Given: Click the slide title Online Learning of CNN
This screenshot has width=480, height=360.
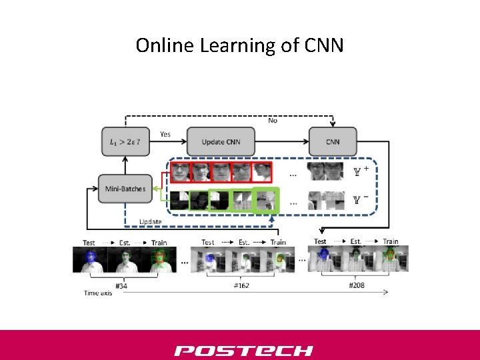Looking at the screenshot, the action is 239,45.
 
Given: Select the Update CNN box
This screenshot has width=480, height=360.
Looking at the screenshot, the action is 221,142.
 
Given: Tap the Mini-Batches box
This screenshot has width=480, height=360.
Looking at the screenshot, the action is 125,189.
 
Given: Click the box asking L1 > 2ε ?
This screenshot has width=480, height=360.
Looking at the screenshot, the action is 125,142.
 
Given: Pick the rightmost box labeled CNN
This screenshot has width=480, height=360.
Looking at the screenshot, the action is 333,142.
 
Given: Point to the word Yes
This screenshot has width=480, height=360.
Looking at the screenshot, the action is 165,134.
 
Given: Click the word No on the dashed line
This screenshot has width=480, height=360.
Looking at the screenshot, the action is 273,120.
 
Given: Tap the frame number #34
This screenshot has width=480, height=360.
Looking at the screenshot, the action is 121,286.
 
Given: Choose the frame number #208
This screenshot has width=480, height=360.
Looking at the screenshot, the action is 357,286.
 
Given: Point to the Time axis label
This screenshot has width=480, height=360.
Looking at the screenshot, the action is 97,293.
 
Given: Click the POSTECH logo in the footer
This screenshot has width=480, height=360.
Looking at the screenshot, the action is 243,350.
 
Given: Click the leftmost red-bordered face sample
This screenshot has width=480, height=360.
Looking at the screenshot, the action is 179,172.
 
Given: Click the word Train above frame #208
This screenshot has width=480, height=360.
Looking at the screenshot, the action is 391,241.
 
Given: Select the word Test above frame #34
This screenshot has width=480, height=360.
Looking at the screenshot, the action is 89,243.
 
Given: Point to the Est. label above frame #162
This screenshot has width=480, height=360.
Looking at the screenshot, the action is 243,243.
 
